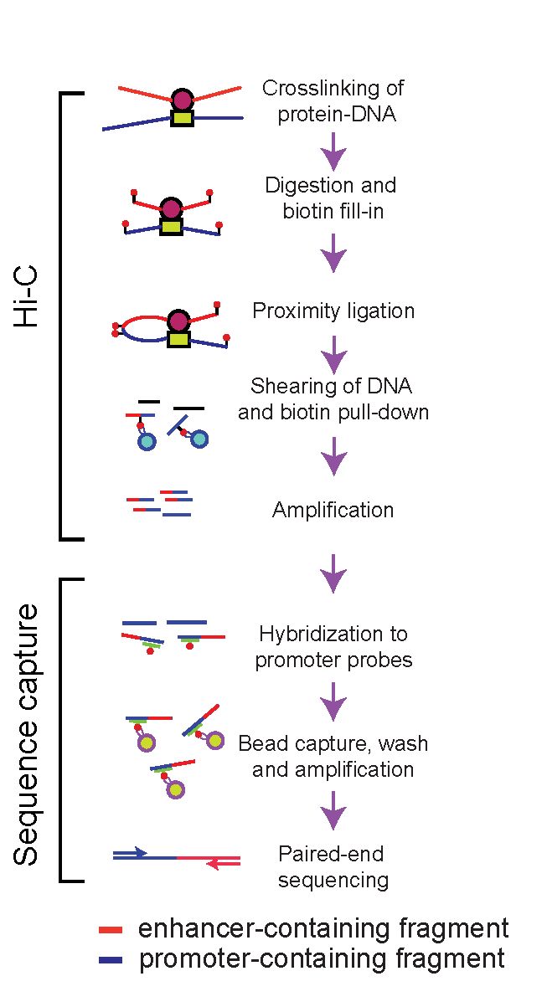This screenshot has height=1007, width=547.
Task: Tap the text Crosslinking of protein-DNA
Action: (x=333, y=100)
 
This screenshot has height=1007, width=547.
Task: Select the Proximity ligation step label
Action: (x=333, y=311)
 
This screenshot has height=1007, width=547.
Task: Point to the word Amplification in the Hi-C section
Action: (x=333, y=510)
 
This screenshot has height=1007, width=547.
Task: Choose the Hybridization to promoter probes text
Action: (x=333, y=647)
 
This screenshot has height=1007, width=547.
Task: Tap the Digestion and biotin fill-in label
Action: (x=331, y=198)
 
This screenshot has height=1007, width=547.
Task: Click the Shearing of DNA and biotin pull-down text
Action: (x=333, y=399)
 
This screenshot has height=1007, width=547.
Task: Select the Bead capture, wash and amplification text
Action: (x=333, y=756)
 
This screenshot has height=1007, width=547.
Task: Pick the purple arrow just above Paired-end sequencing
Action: (x=334, y=812)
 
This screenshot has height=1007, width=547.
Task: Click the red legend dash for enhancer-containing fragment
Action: (x=111, y=929)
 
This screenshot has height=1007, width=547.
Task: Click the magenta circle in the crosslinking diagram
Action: (x=183, y=100)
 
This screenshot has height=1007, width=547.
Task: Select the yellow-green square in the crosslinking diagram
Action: (x=182, y=118)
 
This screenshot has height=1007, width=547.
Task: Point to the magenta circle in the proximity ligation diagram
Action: (x=178, y=321)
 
